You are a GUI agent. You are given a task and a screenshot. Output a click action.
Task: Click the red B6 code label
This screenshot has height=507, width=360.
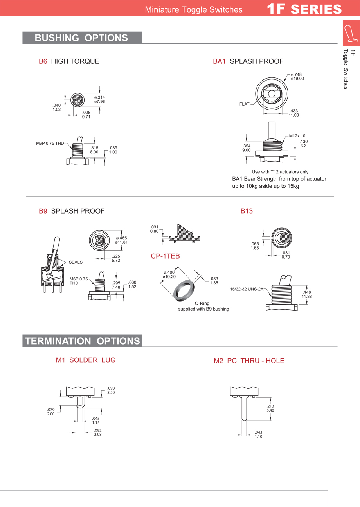[x=43, y=61]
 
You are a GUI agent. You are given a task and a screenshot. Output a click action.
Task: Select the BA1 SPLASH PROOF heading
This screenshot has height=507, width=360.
[x=248, y=61]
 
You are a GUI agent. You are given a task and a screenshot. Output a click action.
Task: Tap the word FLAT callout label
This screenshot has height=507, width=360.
[x=244, y=104]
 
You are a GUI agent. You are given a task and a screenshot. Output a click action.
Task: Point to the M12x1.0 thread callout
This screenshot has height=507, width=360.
[x=297, y=136]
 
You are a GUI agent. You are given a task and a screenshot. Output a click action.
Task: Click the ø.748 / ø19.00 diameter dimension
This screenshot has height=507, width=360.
[x=297, y=76]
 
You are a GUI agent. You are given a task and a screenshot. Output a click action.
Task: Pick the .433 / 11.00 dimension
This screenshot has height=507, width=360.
[x=293, y=113]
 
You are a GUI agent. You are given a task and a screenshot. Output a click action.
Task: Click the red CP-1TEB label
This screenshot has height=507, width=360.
[x=165, y=256]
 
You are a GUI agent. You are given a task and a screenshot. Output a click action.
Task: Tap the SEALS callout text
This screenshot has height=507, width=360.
[x=76, y=262]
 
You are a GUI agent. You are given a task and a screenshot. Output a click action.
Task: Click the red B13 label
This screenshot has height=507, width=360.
[x=247, y=211]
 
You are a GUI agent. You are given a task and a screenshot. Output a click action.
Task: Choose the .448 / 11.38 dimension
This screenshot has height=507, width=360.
[x=306, y=294]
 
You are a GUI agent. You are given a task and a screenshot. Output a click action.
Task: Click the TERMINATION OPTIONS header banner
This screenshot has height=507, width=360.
[x=82, y=341]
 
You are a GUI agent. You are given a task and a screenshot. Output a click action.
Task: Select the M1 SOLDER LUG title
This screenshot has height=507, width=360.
[x=85, y=360]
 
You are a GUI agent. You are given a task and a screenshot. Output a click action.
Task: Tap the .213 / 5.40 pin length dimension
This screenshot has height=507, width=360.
[x=270, y=408]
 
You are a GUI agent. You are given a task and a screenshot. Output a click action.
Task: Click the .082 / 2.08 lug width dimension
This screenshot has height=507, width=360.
[x=98, y=432]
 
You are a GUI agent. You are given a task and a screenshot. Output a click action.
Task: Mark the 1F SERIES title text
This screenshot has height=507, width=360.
[x=304, y=9]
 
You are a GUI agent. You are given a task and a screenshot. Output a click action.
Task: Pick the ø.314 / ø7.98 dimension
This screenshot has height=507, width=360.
[x=99, y=99]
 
